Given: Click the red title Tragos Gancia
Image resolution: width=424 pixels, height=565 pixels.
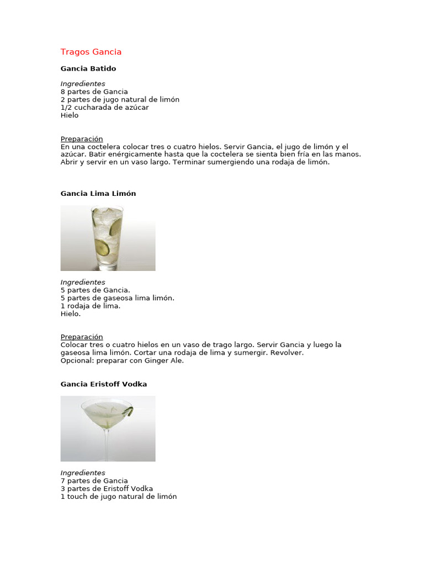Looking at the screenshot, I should point(91,52).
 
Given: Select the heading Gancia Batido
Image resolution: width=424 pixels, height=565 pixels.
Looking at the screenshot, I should point(88,68).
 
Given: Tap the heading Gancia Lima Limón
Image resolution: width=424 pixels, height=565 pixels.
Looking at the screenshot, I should point(98,194).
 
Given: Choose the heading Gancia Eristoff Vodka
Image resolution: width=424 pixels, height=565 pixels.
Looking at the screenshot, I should point(104,384).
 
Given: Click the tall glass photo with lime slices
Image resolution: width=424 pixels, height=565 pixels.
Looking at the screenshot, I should point(108,238).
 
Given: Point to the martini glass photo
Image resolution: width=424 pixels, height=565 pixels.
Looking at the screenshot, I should point(108,428).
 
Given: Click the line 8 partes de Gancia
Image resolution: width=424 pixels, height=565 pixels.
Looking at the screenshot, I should point(94,92).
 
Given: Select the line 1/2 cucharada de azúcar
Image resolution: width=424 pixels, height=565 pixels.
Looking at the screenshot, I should point(104,108).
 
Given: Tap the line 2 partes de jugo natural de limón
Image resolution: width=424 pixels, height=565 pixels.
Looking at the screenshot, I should point(120,99).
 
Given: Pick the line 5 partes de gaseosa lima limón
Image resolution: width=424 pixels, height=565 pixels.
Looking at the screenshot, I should point(117,298).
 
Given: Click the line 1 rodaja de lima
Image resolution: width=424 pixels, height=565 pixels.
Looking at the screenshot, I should point(91,306).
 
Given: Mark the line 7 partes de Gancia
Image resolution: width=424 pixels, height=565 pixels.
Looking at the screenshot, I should point(94,481).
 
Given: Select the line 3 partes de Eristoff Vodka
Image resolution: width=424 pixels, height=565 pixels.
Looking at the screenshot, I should point(107,488).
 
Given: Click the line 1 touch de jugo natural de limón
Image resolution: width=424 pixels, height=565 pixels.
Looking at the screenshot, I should point(119,497).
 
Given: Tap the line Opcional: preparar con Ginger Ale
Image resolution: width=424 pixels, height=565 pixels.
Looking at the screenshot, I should point(122,361).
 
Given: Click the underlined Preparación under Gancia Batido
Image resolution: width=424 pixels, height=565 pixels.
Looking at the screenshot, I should point(82,139).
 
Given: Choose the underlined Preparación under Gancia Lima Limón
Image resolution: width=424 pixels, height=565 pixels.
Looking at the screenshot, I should point(82,337).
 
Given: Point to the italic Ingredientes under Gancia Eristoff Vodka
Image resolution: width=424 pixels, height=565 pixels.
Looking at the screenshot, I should point(83,473).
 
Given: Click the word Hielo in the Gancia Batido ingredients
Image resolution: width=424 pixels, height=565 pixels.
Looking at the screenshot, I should point(70,115).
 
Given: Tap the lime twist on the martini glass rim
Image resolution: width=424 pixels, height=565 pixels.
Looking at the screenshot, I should point(129,411).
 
